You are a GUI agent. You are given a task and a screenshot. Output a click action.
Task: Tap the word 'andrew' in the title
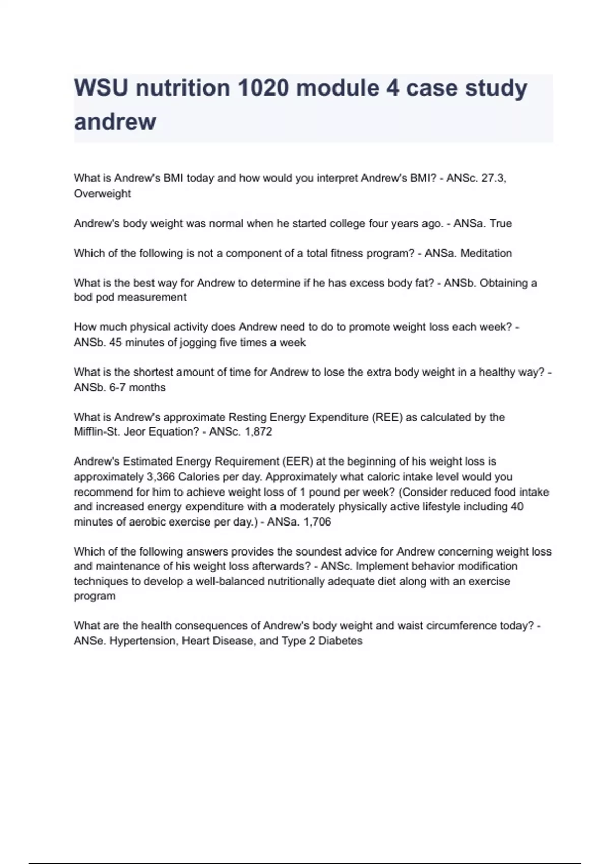tap(115, 121)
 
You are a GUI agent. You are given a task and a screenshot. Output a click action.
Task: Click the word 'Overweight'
tap(102, 194)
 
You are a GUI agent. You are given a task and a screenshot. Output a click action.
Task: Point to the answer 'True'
tap(500, 224)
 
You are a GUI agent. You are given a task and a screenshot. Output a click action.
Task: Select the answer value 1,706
tap(317, 522)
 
